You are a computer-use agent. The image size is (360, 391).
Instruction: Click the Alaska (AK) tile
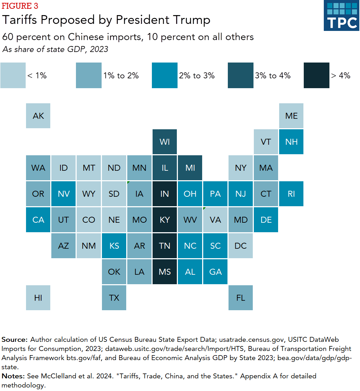38,116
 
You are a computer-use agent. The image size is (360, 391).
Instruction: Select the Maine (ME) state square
291,116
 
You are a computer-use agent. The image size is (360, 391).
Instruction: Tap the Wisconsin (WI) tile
165,142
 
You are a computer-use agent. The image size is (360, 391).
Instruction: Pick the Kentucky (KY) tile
165,220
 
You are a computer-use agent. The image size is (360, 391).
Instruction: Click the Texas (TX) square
114,298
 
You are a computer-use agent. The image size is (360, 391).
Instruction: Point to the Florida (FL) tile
240,298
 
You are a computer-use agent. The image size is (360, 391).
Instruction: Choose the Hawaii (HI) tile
38,298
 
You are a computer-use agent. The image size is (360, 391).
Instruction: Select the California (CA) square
38,220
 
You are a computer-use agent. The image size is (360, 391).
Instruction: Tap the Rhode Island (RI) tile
291,194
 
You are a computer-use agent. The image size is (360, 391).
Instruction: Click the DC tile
240,246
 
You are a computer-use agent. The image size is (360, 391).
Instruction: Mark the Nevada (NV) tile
63,194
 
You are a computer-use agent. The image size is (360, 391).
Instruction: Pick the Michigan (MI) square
190,168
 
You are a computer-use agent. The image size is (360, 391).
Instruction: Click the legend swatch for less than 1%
13,75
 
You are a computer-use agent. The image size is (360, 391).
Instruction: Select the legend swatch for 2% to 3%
165,75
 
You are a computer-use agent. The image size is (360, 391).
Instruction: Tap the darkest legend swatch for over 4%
317,75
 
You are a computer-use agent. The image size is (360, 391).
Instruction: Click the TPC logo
341,16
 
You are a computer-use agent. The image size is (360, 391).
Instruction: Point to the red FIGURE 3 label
20,6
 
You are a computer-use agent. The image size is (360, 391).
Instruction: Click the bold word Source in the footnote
14,340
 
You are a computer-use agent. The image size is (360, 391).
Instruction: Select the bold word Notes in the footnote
13,376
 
